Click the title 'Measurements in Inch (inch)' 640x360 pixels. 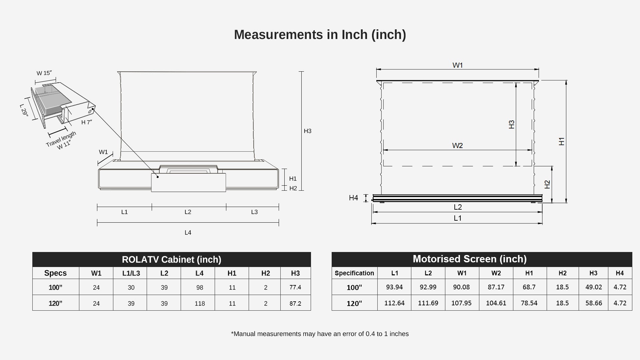click(320, 35)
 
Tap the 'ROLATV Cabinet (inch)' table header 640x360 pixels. click(172, 259)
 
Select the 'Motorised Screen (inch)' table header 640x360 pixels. click(470, 259)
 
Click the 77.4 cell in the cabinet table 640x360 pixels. click(295, 287)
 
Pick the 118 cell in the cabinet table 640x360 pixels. click(200, 303)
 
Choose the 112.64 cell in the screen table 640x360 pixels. click(394, 303)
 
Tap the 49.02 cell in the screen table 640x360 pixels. click(594, 287)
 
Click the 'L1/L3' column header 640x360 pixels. click(131, 273)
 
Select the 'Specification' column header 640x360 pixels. click(354, 273)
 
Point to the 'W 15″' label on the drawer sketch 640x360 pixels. click(44, 73)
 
